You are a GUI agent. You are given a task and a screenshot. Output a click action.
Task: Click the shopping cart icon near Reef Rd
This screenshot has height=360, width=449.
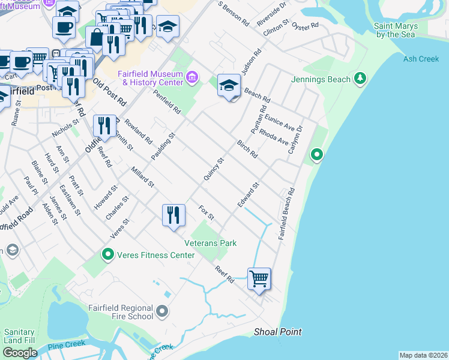click(x=259, y=278)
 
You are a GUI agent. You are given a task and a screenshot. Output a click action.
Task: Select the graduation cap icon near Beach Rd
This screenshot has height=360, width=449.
click(x=229, y=86)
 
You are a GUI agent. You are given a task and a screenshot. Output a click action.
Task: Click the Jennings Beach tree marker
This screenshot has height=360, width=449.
click(x=360, y=79)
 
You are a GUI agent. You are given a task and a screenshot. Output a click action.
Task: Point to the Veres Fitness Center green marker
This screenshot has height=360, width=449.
click(x=108, y=255)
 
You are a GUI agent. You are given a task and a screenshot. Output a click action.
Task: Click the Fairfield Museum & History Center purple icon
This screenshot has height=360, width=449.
click(x=192, y=77)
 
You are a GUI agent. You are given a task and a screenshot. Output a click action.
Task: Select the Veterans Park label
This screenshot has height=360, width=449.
click(x=210, y=243)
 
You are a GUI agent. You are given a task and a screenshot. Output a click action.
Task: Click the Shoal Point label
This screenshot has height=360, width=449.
click(x=277, y=332)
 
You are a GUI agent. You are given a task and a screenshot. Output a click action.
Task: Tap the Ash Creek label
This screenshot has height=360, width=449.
click(x=421, y=59)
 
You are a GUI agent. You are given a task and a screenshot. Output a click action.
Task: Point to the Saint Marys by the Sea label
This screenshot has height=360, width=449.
click(x=394, y=30)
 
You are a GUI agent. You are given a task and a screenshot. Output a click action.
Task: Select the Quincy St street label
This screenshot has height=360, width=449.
click(x=213, y=169)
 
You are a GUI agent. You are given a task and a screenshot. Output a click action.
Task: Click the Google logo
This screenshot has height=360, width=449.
click(x=20, y=352)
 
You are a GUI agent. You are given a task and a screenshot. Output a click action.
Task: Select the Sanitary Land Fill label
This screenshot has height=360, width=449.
click(x=19, y=336)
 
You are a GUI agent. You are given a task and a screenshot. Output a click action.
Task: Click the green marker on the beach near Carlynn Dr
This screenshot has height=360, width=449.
click(x=316, y=155)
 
